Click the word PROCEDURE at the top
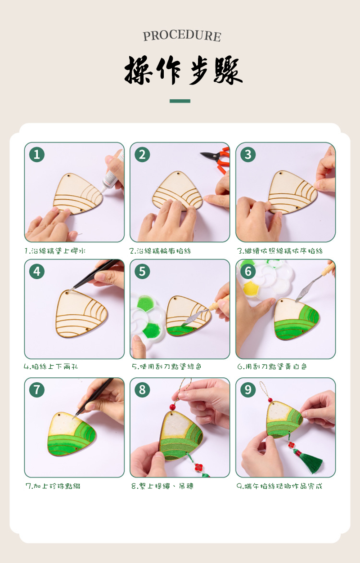coord(182,36)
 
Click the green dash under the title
coord(180,101)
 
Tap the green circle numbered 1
coord(37,154)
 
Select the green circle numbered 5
coord(142,272)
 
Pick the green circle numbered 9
coord(248,390)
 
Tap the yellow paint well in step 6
coord(251,289)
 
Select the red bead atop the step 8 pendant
coord(173,407)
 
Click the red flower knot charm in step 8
coord(199,467)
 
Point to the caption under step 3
coord(279,251)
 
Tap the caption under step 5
coord(166,366)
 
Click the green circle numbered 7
coord(37,390)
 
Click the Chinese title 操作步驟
coord(184,70)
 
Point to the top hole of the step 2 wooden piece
coord(178,174)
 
